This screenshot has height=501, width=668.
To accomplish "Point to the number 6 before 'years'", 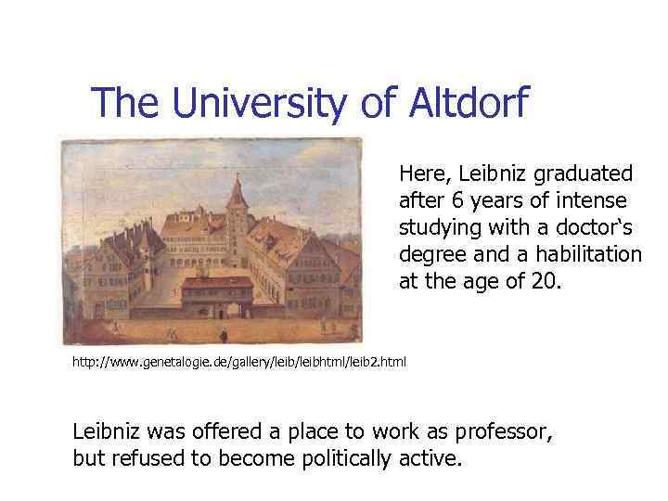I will click(x=443, y=200).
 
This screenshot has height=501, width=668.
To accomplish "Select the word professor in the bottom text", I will click(x=506, y=432).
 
